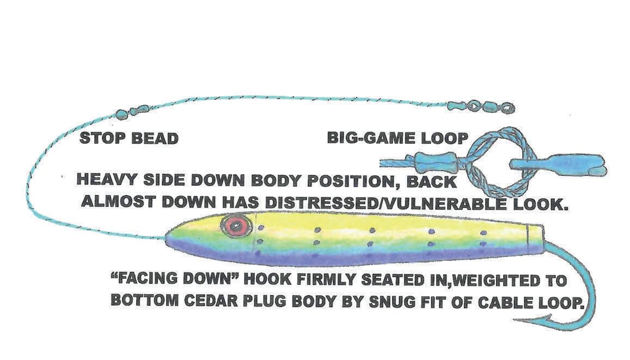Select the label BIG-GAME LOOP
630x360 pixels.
click(397, 138)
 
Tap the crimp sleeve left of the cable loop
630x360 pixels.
click(430, 162)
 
